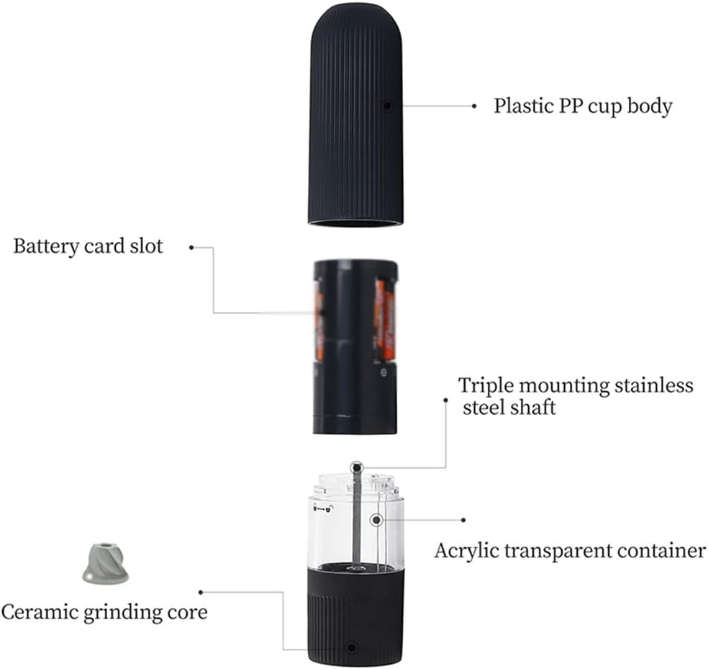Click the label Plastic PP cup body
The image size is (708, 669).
[582, 106]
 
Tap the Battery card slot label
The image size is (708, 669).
[88, 246]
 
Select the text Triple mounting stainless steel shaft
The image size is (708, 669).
[576, 395]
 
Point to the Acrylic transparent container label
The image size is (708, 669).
[569, 551]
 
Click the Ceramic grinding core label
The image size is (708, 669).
[104, 613]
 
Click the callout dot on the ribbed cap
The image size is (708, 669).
[386, 105]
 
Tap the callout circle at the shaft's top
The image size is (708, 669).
[356, 468]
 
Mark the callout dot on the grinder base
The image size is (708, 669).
[351, 647]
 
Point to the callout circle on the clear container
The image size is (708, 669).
[375, 519]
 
